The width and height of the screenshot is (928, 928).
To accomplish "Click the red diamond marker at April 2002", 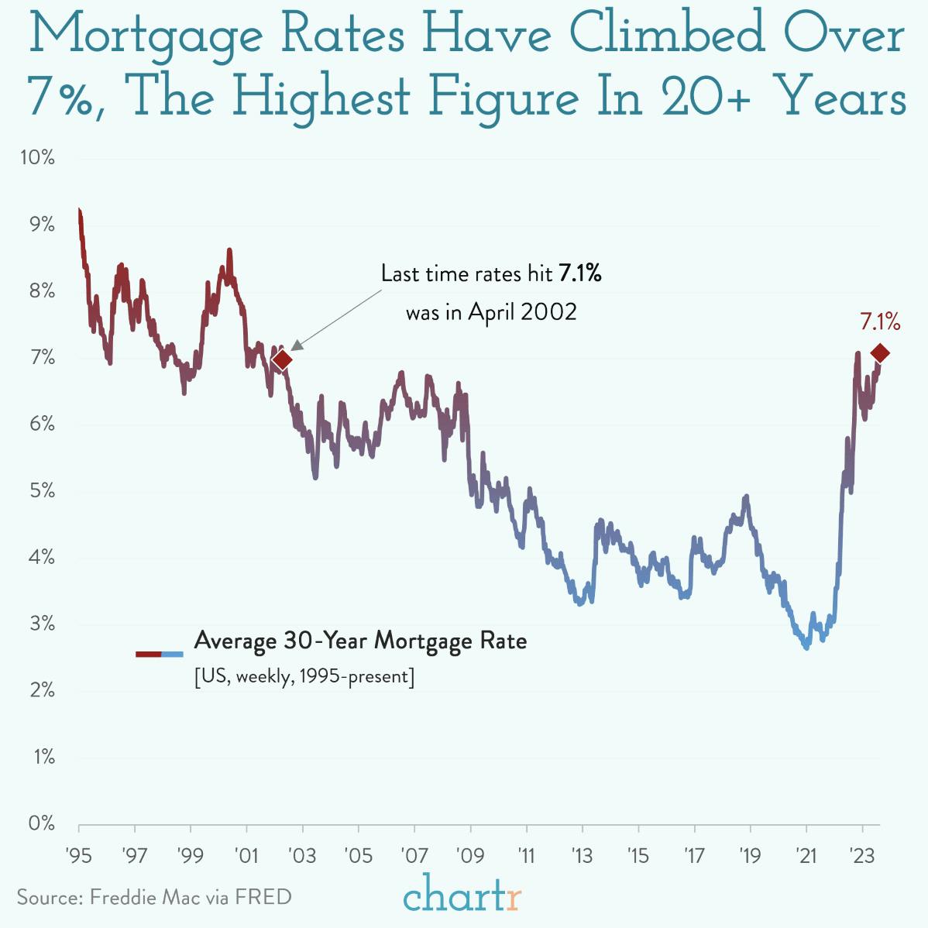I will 283,359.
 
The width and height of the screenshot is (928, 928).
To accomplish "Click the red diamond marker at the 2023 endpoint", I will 880,353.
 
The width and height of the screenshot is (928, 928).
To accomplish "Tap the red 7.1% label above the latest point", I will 880,321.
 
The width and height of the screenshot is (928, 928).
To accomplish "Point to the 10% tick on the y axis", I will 38,158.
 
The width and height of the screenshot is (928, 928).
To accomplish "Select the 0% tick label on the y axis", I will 42,823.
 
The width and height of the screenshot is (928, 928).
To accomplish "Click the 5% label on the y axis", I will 42,491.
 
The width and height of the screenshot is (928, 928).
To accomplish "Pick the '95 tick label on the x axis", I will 79,856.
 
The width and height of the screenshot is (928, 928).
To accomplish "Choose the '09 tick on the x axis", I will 470,856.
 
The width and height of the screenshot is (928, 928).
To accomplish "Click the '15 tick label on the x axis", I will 638,856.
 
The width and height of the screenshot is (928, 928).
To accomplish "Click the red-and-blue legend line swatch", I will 160,654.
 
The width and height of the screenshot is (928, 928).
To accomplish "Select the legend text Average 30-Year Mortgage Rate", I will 360,641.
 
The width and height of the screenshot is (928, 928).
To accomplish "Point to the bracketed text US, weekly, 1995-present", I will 304,676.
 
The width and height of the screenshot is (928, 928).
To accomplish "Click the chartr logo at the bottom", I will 462,897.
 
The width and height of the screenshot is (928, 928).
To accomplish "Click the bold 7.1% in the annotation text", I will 580,273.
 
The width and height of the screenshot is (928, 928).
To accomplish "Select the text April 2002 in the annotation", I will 523,312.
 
